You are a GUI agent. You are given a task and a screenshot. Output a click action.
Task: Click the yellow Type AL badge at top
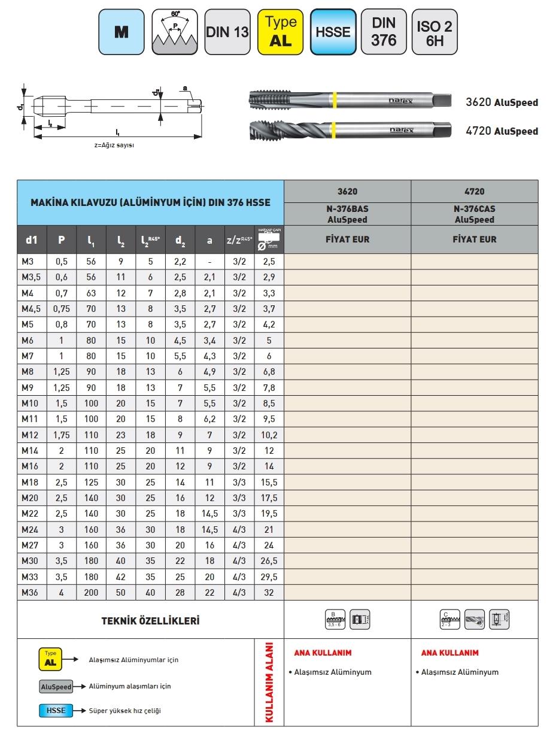[x=281, y=32]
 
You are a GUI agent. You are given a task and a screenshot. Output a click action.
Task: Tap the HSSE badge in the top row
[x=333, y=32]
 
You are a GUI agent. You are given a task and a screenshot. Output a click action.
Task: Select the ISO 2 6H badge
[x=434, y=32]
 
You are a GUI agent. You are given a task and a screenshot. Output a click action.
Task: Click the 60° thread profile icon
[x=175, y=32]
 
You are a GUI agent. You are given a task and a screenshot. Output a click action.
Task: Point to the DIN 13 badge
[x=227, y=32]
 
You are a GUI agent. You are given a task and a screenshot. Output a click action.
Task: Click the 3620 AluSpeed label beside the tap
[x=502, y=102]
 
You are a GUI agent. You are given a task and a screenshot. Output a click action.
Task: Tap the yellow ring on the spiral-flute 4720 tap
[x=333, y=129]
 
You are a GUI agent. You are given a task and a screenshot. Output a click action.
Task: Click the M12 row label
[x=30, y=435]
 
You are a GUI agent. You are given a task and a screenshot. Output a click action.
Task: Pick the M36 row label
[x=30, y=593]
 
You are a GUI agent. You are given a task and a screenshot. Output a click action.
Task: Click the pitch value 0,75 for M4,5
[x=62, y=309]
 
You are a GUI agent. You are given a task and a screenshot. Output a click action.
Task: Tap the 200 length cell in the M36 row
[x=91, y=593]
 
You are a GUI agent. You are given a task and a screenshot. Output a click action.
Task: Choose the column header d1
[x=32, y=240]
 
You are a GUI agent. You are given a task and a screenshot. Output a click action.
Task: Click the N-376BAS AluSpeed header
[x=347, y=214]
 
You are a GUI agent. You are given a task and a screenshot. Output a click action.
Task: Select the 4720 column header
[x=475, y=192]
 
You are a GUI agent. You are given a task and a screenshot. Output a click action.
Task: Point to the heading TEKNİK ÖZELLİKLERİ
[x=150, y=620]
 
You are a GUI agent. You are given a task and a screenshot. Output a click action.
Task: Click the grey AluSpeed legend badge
[x=56, y=687]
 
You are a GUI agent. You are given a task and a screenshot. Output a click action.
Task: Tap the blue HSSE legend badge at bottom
[x=56, y=711]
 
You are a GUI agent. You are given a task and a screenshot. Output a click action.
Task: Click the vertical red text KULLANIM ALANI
[x=269, y=683]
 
